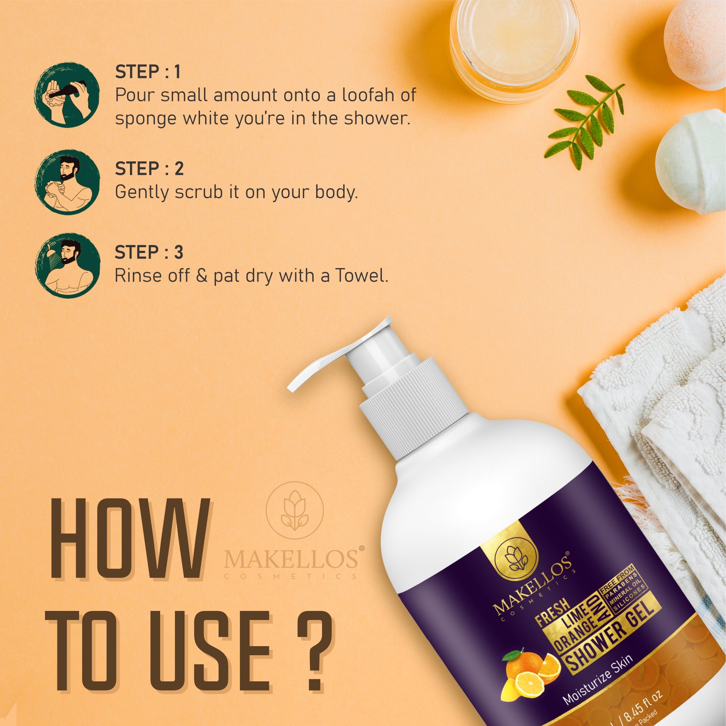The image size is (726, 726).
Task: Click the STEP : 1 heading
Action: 148,72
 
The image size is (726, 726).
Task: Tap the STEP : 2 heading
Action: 149,168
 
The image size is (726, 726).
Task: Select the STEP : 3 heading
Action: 149,252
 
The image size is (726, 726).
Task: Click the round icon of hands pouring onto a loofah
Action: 67,95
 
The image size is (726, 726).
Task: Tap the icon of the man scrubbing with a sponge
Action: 68,182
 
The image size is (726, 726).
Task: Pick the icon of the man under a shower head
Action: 68,266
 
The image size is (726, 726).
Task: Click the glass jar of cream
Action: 515,41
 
